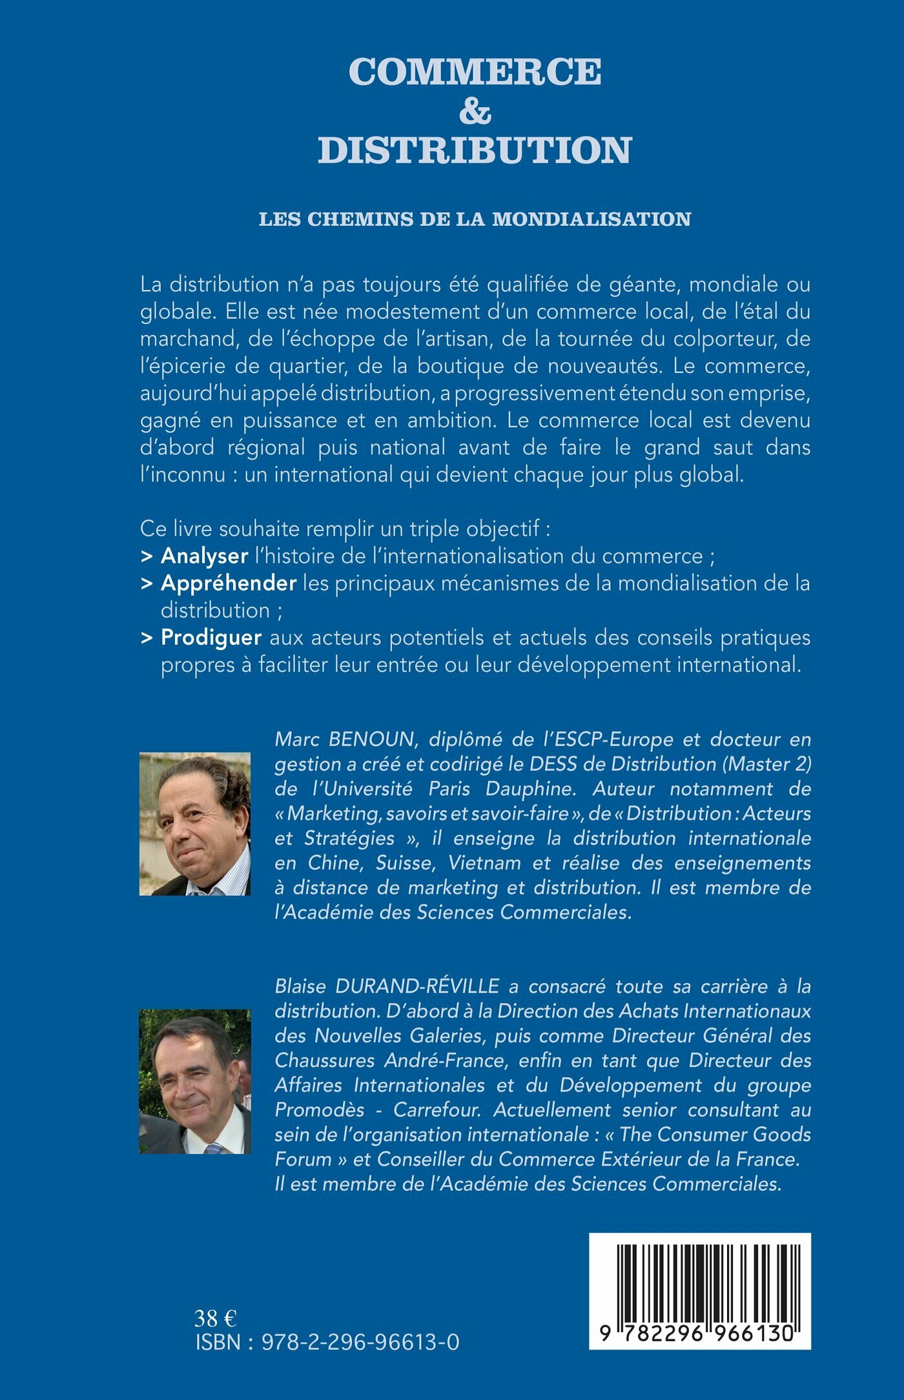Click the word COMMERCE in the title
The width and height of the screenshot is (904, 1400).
point(475,71)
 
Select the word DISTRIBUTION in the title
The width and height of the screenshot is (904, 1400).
point(475,150)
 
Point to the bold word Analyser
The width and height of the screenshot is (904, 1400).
point(204,556)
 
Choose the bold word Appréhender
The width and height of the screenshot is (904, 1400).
point(229,583)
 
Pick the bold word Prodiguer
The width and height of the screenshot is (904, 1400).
point(211,637)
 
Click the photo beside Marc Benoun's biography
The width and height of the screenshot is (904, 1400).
point(195,824)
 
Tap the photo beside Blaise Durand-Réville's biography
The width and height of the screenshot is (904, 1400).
point(195,1081)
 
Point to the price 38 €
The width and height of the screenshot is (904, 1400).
point(216,1317)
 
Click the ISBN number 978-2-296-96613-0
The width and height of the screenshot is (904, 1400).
point(360,1343)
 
